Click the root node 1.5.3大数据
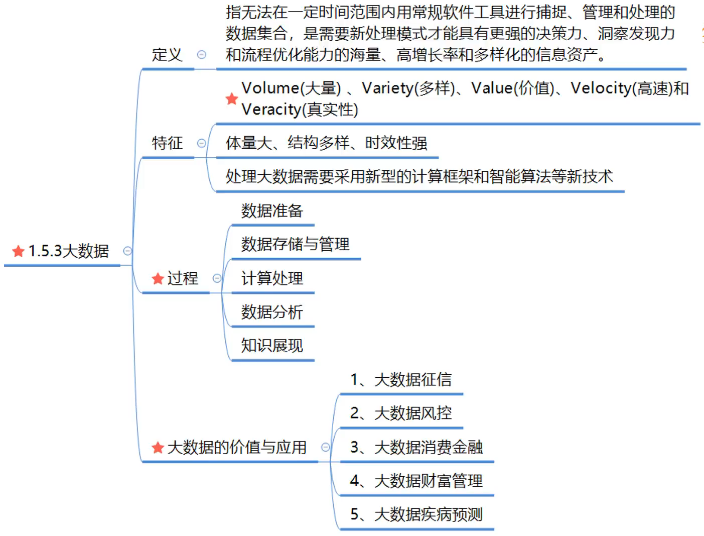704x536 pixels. (x=68, y=251)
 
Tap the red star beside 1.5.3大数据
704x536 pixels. (x=19, y=251)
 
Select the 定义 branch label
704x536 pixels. (x=167, y=54)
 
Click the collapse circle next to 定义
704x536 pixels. (x=202, y=54)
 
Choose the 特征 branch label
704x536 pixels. (x=167, y=143)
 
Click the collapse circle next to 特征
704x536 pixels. (x=202, y=143)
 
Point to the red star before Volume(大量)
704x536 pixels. (x=231, y=98)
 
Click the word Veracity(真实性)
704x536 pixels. (x=300, y=109)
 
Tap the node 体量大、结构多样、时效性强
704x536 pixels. (x=326, y=143)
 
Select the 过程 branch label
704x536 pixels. (x=183, y=278)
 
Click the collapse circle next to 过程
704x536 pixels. (x=217, y=278)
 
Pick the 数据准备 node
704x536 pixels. (x=272, y=211)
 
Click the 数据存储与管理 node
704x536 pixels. (x=295, y=245)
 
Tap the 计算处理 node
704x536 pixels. (x=272, y=278)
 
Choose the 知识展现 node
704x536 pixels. (x=272, y=346)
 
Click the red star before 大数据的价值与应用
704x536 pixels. (x=158, y=447)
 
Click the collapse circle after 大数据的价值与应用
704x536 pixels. (x=326, y=447)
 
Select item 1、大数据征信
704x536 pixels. (x=401, y=380)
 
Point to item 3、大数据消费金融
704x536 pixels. (x=416, y=447)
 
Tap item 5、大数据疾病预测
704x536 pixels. (x=416, y=514)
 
